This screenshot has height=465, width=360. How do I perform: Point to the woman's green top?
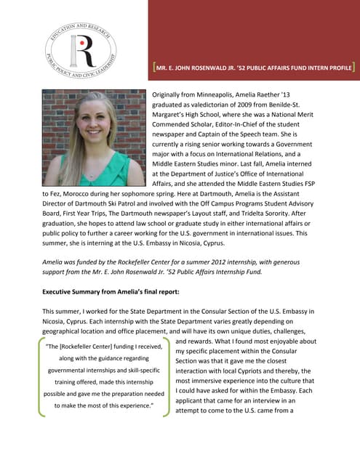coord(109,172)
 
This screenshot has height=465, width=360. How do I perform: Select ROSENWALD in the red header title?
coord(220,70)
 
